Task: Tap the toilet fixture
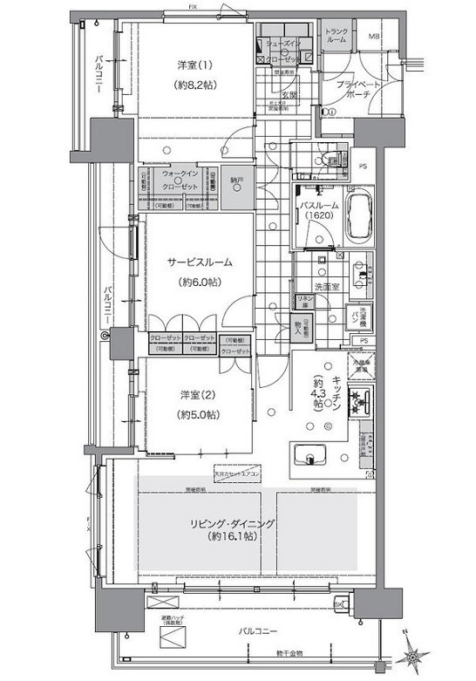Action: pyautogui.click(x=330, y=160)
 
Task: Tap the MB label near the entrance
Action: pyautogui.click(x=374, y=36)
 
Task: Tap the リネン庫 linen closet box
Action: pyautogui.click(x=304, y=301)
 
